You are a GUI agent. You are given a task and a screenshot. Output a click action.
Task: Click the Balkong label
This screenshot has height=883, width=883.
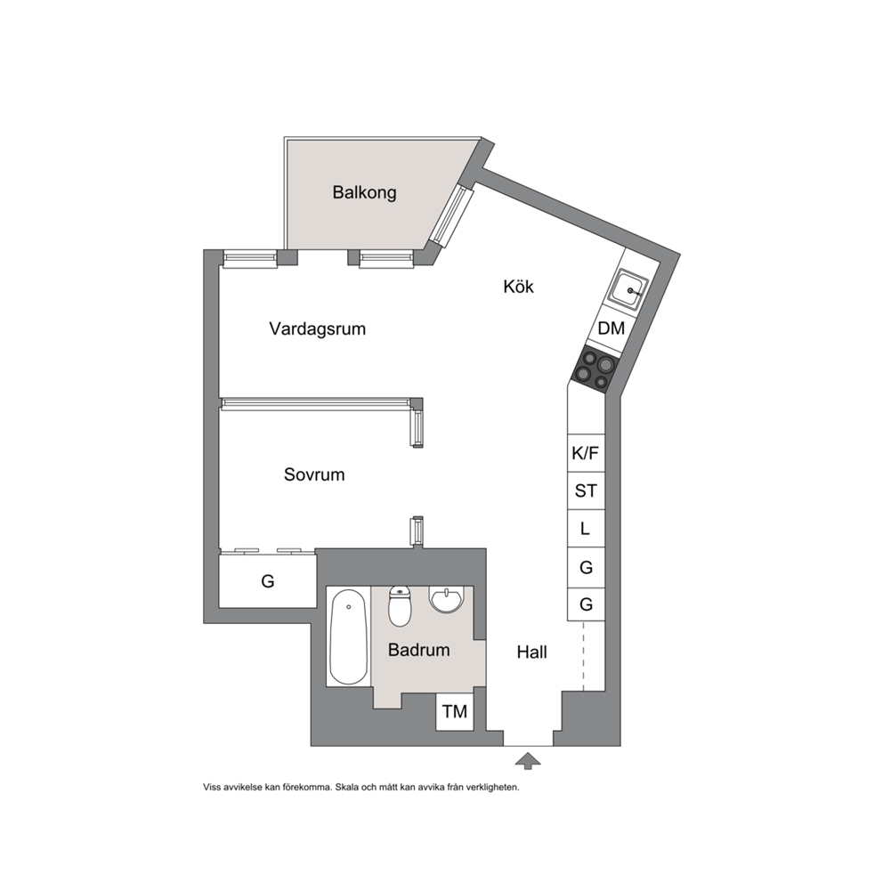pyautogui.click(x=364, y=192)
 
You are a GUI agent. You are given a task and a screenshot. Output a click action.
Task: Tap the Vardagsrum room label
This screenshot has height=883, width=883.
pyautogui.click(x=318, y=328)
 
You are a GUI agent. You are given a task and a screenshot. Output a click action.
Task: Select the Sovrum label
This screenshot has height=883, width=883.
pyautogui.click(x=314, y=474)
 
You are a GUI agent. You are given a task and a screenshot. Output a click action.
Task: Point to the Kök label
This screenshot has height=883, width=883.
pyautogui.click(x=519, y=287)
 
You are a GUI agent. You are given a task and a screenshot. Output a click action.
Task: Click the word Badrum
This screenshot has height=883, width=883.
pyautogui.click(x=419, y=650)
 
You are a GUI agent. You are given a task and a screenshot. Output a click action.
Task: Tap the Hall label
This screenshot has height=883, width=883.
pyautogui.click(x=532, y=652)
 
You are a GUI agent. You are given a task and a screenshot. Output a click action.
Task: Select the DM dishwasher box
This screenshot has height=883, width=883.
pyautogui.click(x=610, y=328)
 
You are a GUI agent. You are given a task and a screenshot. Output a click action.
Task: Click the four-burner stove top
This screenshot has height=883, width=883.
pyautogui.click(x=595, y=369)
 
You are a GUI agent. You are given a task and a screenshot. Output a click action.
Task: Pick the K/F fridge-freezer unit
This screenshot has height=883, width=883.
pyautogui.click(x=586, y=453)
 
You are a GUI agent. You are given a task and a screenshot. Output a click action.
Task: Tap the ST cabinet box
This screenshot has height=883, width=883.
pyautogui.click(x=586, y=491)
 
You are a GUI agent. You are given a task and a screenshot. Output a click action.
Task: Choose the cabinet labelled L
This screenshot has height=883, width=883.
pyautogui.click(x=586, y=529)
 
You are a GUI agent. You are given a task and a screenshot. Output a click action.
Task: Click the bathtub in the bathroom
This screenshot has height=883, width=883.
pyautogui.click(x=349, y=637)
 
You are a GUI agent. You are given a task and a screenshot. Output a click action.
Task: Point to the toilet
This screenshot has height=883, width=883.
pyautogui.click(x=400, y=606)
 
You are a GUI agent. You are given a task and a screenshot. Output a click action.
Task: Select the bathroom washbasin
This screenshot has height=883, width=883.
pyautogui.click(x=447, y=599)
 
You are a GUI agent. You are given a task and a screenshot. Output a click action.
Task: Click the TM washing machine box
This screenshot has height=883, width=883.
pyautogui.click(x=455, y=712)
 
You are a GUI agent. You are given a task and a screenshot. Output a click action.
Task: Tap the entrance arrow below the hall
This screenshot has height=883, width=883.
pyautogui.click(x=528, y=760)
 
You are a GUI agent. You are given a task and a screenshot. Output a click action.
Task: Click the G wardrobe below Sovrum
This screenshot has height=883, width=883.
pyautogui.click(x=268, y=581)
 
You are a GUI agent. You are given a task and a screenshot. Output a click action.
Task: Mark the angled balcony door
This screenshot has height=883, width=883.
pyautogui.click(x=451, y=216)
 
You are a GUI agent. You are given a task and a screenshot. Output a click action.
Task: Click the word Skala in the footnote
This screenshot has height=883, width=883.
pyautogui.click(x=347, y=787)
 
